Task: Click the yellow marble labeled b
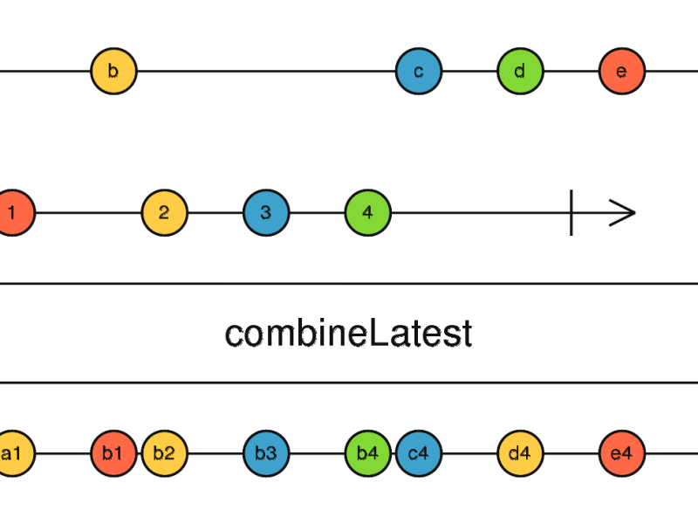point(113,72)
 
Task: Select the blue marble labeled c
point(418,72)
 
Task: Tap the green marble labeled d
point(520,72)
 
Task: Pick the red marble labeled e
point(621,72)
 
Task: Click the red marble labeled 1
point(12,212)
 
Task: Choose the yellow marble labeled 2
point(164,212)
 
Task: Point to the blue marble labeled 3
point(266,212)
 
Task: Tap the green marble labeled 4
point(367,212)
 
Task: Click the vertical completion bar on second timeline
point(571,212)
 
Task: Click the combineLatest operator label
point(348,334)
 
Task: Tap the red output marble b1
point(113,453)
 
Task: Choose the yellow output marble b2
point(164,453)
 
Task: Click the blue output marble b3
point(266,453)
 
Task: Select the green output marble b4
point(367,453)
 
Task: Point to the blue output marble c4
point(418,453)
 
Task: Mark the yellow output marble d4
point(520,453)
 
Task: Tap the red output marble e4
point(621,453)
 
